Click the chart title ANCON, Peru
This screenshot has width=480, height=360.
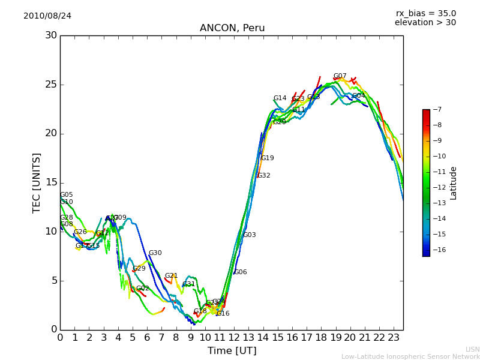point(232,28)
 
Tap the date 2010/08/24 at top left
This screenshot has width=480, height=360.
point(47,16)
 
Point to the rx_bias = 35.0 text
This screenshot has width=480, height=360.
point(425,13)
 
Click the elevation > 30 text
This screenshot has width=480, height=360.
point(425,23)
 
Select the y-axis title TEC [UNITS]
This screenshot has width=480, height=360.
point(37,182)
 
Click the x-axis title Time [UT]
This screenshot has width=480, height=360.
point(232,350)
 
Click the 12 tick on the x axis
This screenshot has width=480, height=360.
point(234,338)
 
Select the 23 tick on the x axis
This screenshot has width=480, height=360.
point(394,338)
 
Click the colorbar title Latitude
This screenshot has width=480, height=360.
point(454,182)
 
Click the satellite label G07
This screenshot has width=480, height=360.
point(340,76)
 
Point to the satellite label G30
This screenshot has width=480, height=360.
point(155,253)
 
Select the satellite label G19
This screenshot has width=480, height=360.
point(267,158)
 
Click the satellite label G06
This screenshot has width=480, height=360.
point(240,272)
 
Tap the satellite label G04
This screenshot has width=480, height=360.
point(358,96)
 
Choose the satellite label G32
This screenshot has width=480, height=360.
point(263,176)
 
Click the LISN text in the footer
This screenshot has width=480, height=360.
point(472,349)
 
